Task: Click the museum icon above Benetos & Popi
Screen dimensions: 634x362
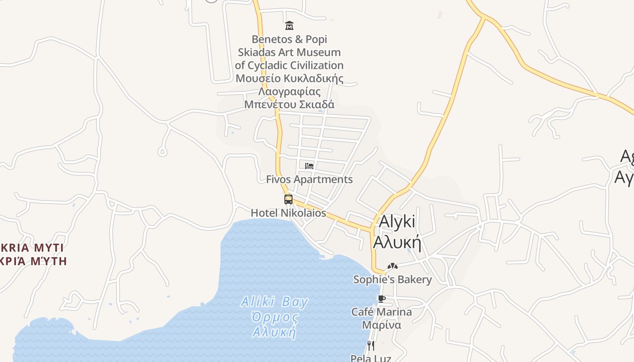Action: [289, 25]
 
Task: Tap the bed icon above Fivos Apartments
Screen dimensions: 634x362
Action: [309, 166]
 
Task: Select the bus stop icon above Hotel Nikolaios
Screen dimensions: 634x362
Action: [288, 199]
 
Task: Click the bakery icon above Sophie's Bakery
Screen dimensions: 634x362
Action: [392, 267]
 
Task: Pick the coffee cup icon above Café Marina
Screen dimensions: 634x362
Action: [381, 299]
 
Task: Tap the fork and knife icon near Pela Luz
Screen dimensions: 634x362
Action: [370, 346]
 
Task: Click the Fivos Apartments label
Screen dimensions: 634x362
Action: [309, 179]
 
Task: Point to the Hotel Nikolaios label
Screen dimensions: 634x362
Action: [288, 213]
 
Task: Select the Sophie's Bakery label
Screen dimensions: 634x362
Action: [393, 279]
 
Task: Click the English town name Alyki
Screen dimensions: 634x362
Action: [397, 222]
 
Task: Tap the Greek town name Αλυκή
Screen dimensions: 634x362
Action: [397, 243]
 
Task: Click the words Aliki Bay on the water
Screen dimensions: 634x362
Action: [274, 302]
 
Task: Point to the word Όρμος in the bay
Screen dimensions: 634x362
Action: [275, 317]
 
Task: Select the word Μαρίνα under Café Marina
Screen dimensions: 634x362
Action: [381, 325]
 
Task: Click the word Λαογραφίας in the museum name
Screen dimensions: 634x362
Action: [289, 91]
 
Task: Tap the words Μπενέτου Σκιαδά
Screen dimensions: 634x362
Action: [289, 105]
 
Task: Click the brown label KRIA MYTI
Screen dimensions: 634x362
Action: [32, 248]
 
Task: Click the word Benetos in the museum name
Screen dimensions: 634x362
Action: [270, 39]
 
